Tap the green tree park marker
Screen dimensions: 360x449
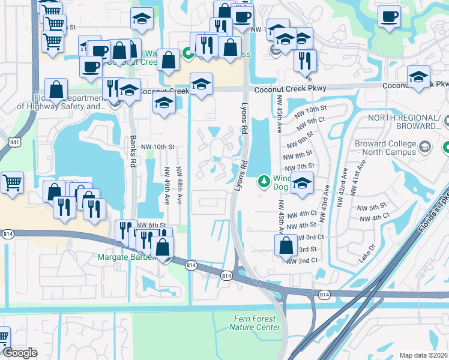pyautogui.click(x=263, y=181)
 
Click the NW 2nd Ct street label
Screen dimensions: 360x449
pyautogui.click(x=301, y=260)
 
